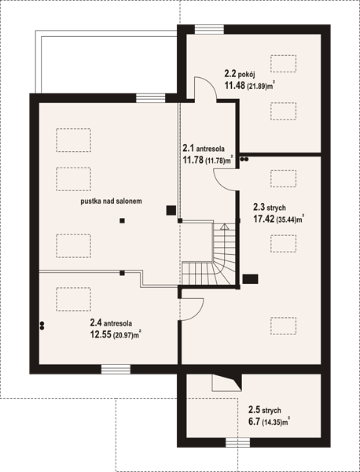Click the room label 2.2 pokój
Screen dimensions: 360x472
240,74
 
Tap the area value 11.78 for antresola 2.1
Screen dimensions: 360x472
193,160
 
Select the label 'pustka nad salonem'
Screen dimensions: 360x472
111,201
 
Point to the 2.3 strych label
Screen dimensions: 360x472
270,208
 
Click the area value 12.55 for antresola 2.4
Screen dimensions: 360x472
101,334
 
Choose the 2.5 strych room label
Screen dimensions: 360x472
265,410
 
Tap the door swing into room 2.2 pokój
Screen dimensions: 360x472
205,88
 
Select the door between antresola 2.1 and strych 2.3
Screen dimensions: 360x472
225,179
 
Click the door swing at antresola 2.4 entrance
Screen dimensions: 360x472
192,309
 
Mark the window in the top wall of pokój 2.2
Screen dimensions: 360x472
209,30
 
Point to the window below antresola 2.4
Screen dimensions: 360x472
116,370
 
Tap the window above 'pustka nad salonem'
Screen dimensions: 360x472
150,98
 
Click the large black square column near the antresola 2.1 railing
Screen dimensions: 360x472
171,210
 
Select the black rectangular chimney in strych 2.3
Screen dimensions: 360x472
250,279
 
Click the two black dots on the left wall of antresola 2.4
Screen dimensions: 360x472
42,326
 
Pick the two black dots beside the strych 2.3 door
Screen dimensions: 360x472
244,160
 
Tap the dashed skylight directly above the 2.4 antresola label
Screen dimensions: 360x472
73,299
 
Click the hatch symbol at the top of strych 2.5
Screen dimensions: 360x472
227,382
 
